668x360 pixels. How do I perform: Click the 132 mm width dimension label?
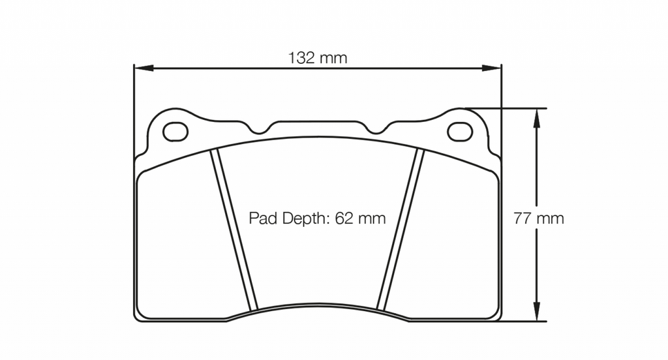coord(318,57)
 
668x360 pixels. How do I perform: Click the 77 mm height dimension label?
coord(538,218)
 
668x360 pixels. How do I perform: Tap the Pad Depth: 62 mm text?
coord(317,218)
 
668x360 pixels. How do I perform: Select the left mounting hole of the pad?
coord(175,132)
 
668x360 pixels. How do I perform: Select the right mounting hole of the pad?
coord(460,132)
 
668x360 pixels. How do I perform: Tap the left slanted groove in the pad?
coord(235,228)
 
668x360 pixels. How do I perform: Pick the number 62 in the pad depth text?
coord(344,218)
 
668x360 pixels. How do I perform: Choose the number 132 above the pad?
coord(303,57)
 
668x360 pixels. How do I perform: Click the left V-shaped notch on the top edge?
coord(260,128)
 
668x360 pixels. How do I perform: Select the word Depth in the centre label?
coord(305,218)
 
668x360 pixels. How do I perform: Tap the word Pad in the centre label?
coord(264,218)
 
